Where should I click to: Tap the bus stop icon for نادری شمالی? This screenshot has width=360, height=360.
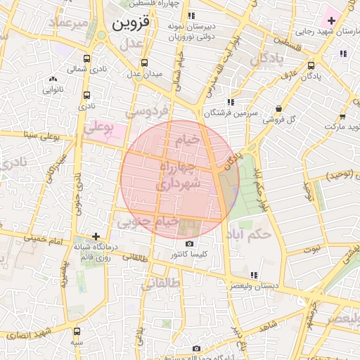tap(86, 59)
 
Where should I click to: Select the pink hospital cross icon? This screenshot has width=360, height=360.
tap(331, 21)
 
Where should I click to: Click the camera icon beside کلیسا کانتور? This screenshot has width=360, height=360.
tap(189, 244)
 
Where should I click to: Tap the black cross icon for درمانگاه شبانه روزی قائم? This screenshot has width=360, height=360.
tap(96, 236)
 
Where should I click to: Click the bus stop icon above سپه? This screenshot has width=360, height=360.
tap(77, 331)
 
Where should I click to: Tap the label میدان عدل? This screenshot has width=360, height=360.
tap(143, 74)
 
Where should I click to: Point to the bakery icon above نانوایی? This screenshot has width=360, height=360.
tap(53, 79)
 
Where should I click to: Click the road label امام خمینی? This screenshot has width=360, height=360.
tap(48, 240)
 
